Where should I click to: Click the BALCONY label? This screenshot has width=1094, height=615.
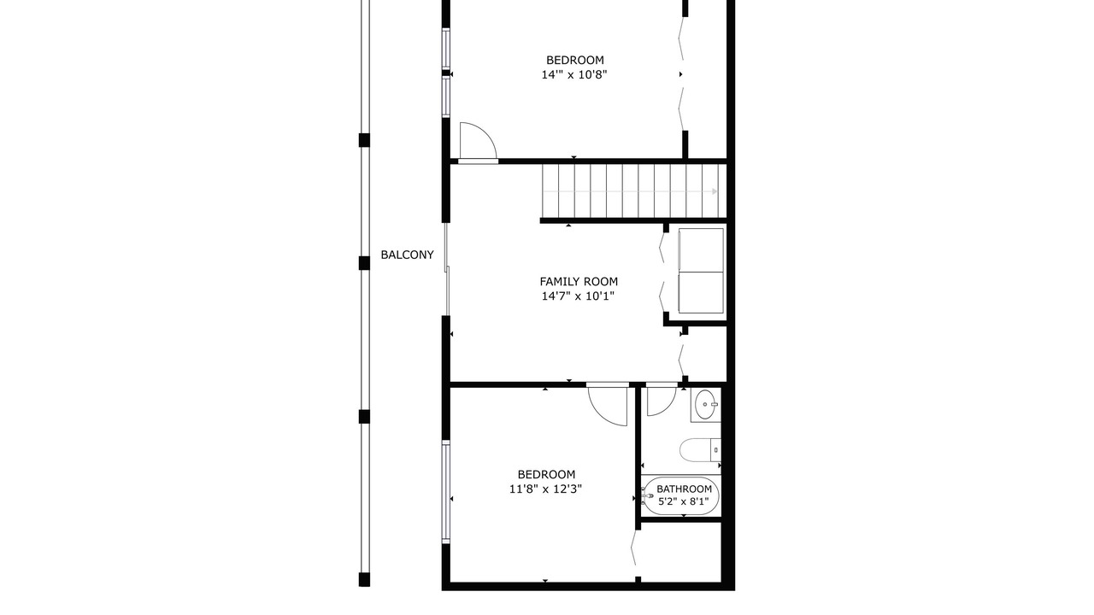(407, 255)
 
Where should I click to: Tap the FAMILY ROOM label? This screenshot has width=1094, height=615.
(579, 282)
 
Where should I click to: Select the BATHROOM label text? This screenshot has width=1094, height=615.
(684, 489)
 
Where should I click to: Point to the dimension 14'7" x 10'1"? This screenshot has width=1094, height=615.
(578, 296)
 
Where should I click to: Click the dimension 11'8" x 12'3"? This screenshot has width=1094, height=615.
(545, 489)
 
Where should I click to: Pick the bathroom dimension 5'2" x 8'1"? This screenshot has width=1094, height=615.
(683, 501)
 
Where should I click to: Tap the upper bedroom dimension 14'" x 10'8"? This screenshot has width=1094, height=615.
(574, 74)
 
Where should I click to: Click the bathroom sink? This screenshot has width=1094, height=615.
(705, 405)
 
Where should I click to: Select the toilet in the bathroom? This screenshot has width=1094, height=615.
(700, 450)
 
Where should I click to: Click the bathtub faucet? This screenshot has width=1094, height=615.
(647, 496)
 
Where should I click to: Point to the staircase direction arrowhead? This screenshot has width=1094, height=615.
(715, 191)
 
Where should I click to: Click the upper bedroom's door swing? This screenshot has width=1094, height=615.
(478, 141)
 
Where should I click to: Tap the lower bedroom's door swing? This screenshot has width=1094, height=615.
(607, 406)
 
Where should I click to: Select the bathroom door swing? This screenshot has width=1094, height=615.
(662, 401)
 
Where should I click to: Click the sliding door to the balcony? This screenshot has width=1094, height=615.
(446, 269)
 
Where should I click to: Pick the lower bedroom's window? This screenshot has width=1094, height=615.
(446, 491)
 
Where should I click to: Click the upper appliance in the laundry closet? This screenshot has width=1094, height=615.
(701, 250)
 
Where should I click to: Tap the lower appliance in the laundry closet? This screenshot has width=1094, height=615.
(701, 292)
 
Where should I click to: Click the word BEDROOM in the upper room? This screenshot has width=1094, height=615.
(575, 60)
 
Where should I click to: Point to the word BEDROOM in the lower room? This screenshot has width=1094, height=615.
(546, 474)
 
